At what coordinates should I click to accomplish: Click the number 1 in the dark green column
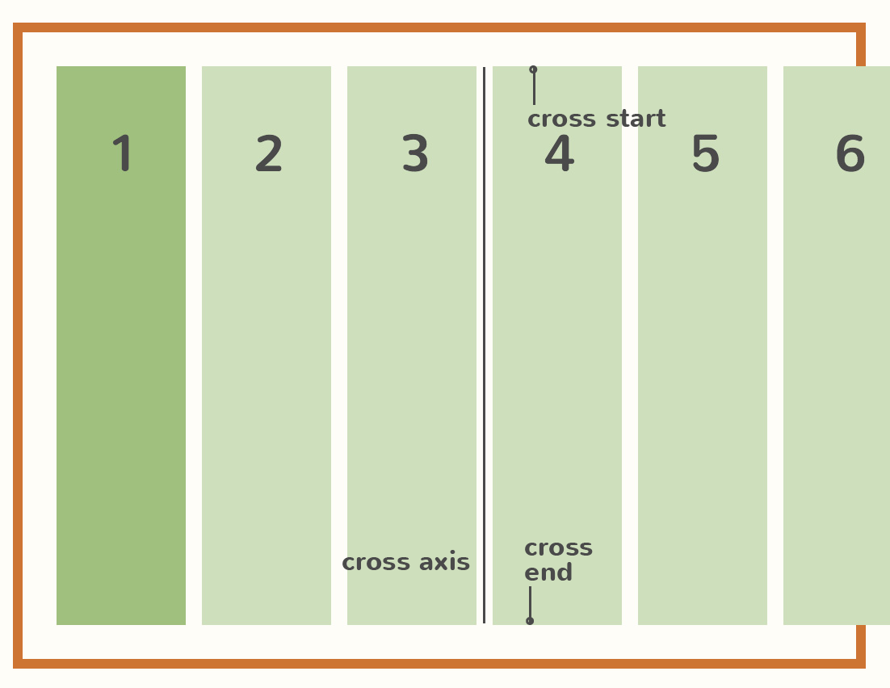(123, 153)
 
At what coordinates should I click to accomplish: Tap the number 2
(269, 154)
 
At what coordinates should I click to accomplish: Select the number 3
(415, 154)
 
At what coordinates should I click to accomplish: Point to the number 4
(559, 154)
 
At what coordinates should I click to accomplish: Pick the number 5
(705, 154)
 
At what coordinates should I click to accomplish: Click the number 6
(850, 154)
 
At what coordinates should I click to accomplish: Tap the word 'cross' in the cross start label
(561, 120)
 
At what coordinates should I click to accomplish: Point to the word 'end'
(548, 573)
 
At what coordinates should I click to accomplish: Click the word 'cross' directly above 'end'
(558, 548)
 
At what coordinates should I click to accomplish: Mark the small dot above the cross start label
(533, 69)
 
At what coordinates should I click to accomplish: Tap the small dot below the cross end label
(530, 621)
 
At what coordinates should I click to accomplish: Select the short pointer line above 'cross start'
(534, 89)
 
